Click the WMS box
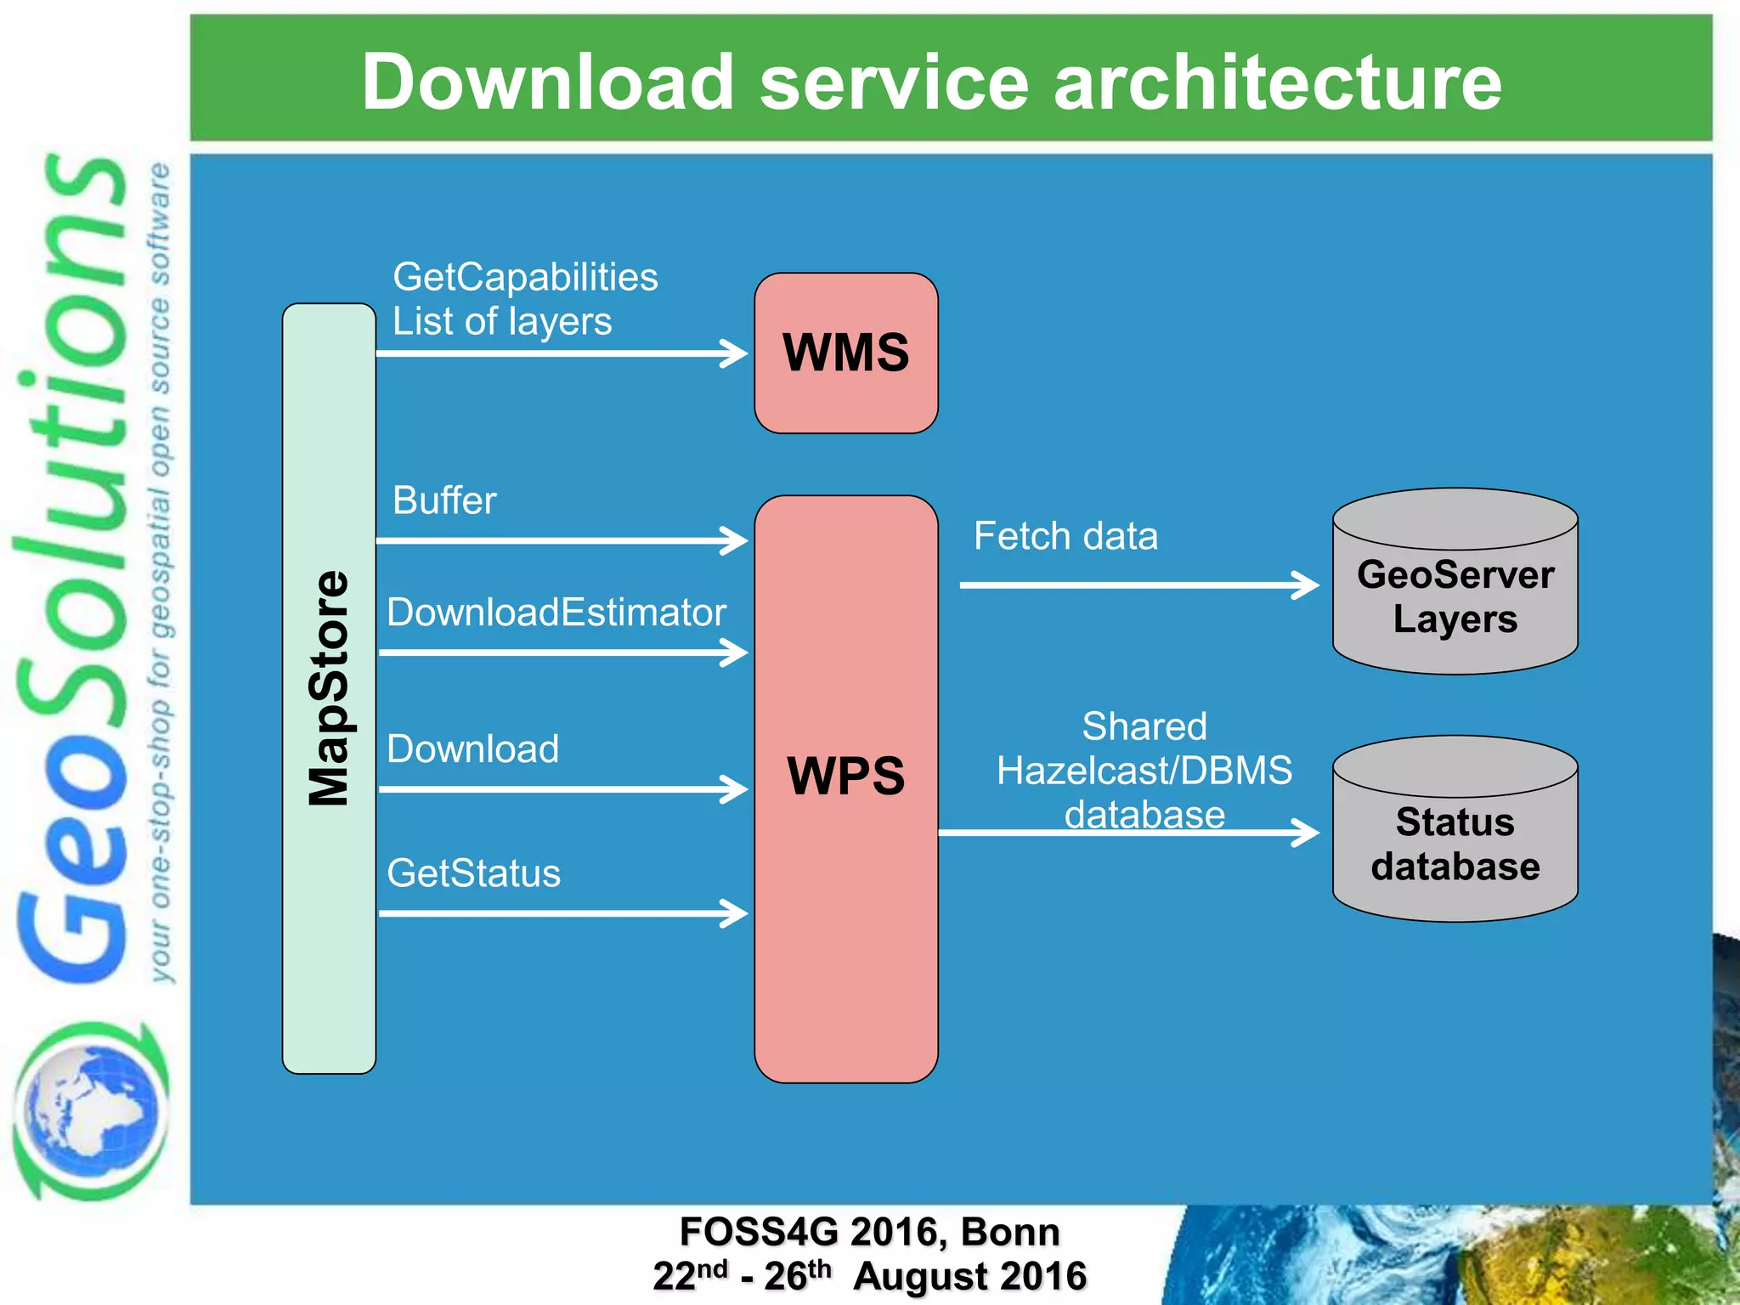coord(845,353)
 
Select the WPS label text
coord(845,776)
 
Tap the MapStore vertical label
coord(329,688)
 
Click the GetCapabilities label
coord(525,277)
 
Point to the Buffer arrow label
coord(444,500)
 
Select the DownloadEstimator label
coord(556,613)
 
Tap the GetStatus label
coord(473,873)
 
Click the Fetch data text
coord(1065,536)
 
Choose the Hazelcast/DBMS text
coord(1144,771)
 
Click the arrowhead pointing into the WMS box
coord(736,353)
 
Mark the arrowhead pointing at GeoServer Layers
coord(1307,585)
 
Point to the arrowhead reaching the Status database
coord(1307,832)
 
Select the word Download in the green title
coord(547,82)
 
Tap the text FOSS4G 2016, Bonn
coord(869,1231)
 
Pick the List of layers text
coord(501,321)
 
